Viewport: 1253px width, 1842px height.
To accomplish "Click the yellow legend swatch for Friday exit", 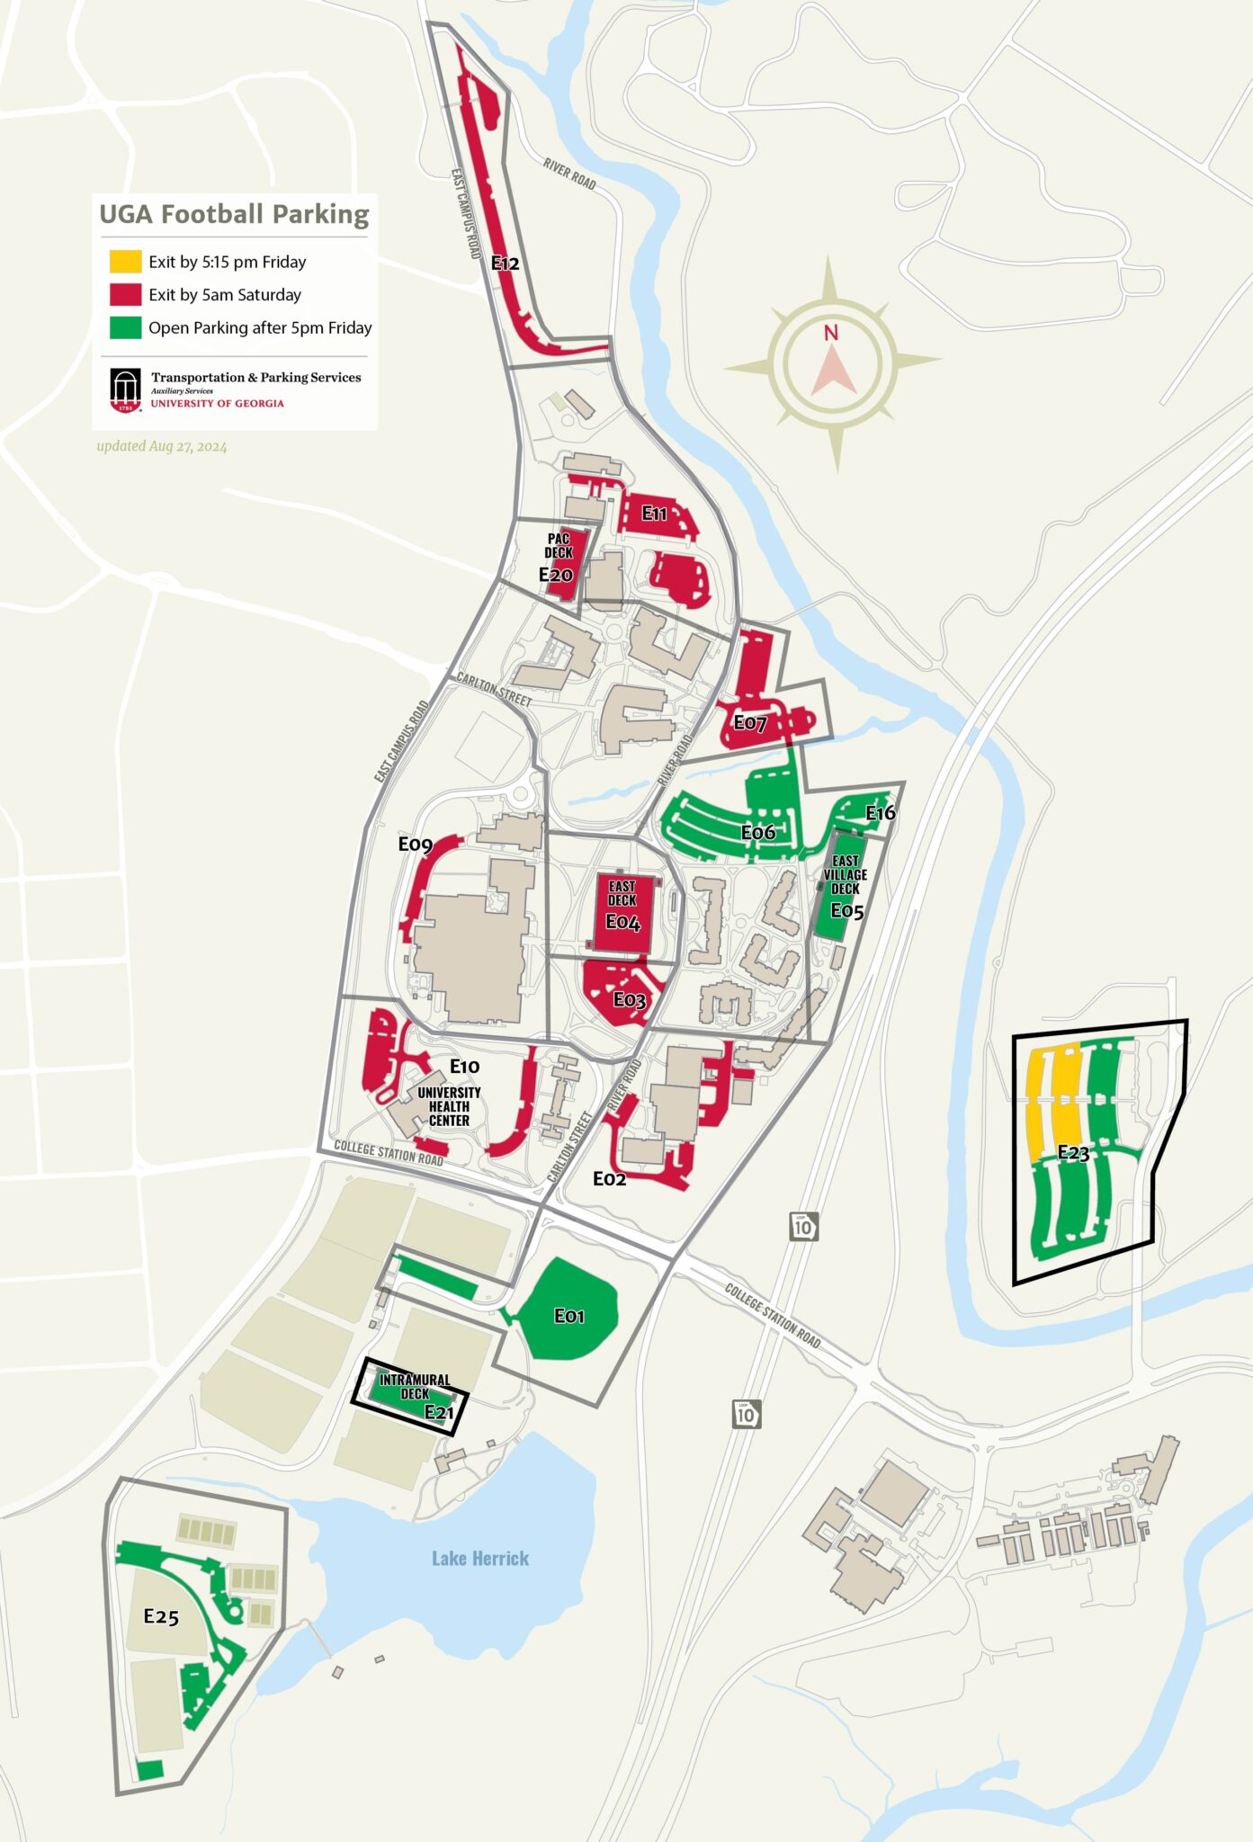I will tap(125, 262).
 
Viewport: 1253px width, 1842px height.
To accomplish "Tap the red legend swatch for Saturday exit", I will tap(125, 294).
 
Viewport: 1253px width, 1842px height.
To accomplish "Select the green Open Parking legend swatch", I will tap(125, 327).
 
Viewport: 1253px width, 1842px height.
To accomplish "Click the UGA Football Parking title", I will tap(234, 214).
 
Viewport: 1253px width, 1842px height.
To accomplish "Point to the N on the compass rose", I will tap(831, 333).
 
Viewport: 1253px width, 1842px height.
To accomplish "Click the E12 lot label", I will tap(505, 264).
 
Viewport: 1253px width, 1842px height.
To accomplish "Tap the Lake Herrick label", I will tap(479, 1558).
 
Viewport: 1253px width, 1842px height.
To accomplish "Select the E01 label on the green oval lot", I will tap(568, 1316).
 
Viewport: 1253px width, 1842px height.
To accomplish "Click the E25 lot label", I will tap(161, 1616).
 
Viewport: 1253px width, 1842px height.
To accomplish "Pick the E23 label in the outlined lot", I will tap(1072, 1152).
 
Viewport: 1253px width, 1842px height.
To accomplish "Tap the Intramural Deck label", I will tap(415, 1386).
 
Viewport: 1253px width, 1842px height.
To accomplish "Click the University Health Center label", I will tap(449, 1106).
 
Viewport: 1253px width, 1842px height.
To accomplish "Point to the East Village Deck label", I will tap(845, 874).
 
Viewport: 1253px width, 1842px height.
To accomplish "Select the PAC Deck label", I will tap(558, 545).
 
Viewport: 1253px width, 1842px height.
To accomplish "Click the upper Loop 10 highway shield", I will tap(803, 1226).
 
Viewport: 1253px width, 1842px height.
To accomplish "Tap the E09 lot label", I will tap(415, 844).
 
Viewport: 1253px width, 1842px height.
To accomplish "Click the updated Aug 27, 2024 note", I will tap(162, 446).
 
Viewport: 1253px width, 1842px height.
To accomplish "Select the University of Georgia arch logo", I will tap(126, 390).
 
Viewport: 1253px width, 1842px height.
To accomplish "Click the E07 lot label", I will tap(749, 722).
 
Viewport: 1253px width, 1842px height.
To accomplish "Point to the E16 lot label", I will tap(880, 813).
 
